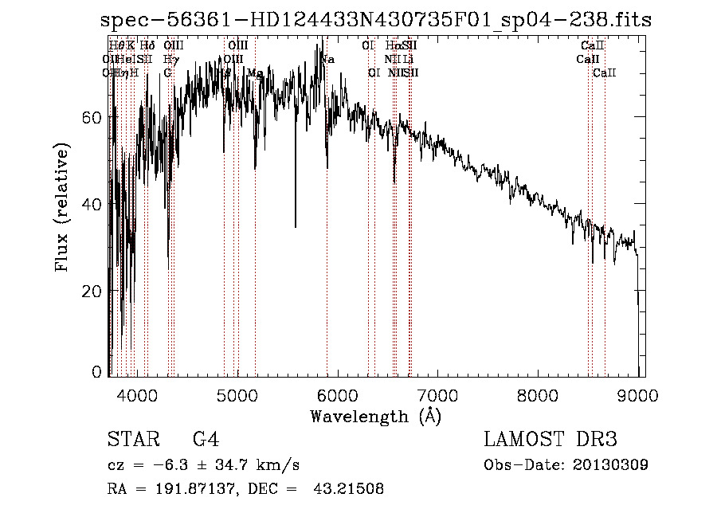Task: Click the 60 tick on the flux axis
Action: coord(94,117)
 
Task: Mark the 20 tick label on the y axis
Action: coord(94,292)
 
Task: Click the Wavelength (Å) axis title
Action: coord(375,416)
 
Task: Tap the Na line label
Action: coord(327,59)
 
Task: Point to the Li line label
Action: coord(408,59)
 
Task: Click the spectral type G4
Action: coord(206,440)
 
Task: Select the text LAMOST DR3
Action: coord(550,440)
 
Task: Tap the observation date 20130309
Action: coord(609,464)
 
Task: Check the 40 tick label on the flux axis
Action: coord(94,204)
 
